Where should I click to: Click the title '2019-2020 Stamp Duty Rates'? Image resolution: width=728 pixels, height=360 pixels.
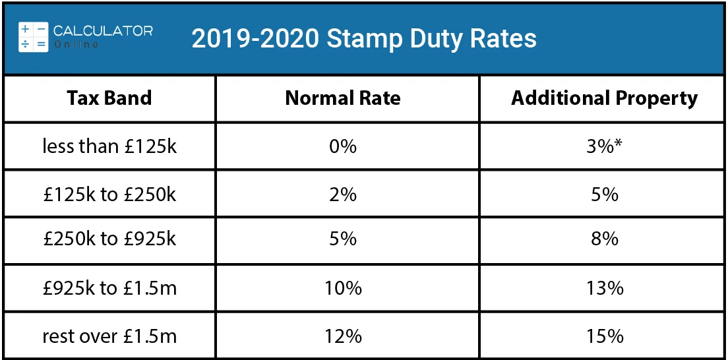[x=364, y=39]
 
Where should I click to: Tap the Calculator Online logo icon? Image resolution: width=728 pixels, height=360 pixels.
[x=33, y=37]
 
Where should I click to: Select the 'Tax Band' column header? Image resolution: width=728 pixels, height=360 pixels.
[x=109, y=98]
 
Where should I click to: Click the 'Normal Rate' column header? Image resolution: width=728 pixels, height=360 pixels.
[x=343, y=98]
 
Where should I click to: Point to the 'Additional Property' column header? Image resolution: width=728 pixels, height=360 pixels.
[x=604, y=98]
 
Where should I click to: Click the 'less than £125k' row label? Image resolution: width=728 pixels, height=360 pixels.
[x=109, y=146]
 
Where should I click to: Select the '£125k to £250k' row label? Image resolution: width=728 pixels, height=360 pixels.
[x=109, y=195]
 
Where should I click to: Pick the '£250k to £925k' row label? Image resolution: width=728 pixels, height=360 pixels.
[x=109, y=238]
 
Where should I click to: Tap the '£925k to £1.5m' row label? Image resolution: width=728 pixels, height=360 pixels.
[x=109, y=288]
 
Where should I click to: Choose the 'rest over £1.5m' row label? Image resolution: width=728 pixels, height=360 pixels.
[x=109, y=336]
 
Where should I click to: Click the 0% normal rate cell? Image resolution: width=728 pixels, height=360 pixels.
[x=343, y=146]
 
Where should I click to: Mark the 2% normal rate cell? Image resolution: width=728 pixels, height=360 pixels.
[x=343, y=195]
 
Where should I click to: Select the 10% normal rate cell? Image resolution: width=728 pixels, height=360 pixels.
[x=343, y=288]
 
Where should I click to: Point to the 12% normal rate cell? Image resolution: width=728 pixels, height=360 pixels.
[x=343, y=336]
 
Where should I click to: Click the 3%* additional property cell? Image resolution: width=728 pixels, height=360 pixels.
[x=604, y=146]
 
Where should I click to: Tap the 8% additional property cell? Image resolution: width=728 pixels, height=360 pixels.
[x=604, y=238]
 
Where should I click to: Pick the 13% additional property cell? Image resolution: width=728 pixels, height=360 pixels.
[x=604, y=288]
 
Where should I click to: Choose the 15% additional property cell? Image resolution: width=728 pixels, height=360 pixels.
[x=604, y=336]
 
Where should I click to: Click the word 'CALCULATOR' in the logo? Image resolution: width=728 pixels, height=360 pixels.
[x=103, y=31]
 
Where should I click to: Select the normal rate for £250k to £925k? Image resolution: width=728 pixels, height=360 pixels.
[x=343, y=238]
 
